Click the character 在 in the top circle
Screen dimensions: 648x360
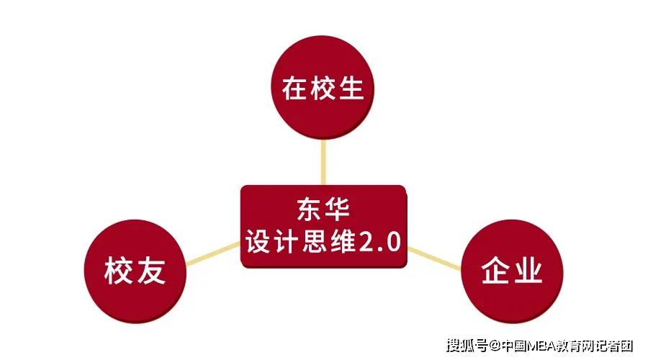tap(295, 88)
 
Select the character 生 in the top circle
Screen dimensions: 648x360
tap(351, 88)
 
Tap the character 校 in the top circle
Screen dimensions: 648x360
tap(323, 88)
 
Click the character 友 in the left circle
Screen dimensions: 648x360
tap(151, 271)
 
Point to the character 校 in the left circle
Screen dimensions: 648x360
tap(119, 271)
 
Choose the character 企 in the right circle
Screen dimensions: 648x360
tap(496, 271)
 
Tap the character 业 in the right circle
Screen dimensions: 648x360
tap(527, 271)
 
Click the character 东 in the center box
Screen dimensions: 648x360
tap(309, 210)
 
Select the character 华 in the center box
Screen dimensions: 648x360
tap(337, 210)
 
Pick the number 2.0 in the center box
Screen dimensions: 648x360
tap(379, 242)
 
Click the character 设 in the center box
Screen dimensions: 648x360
tap(259, 241)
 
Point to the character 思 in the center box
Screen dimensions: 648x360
tap(315, 241)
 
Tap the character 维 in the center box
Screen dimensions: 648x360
tap(343, 241)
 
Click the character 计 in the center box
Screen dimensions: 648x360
tap(287, 241)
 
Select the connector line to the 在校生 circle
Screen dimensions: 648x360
tap(323, 163)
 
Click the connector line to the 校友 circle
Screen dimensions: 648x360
tap(213, 253)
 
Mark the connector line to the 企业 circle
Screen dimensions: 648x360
tap(434, 258)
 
